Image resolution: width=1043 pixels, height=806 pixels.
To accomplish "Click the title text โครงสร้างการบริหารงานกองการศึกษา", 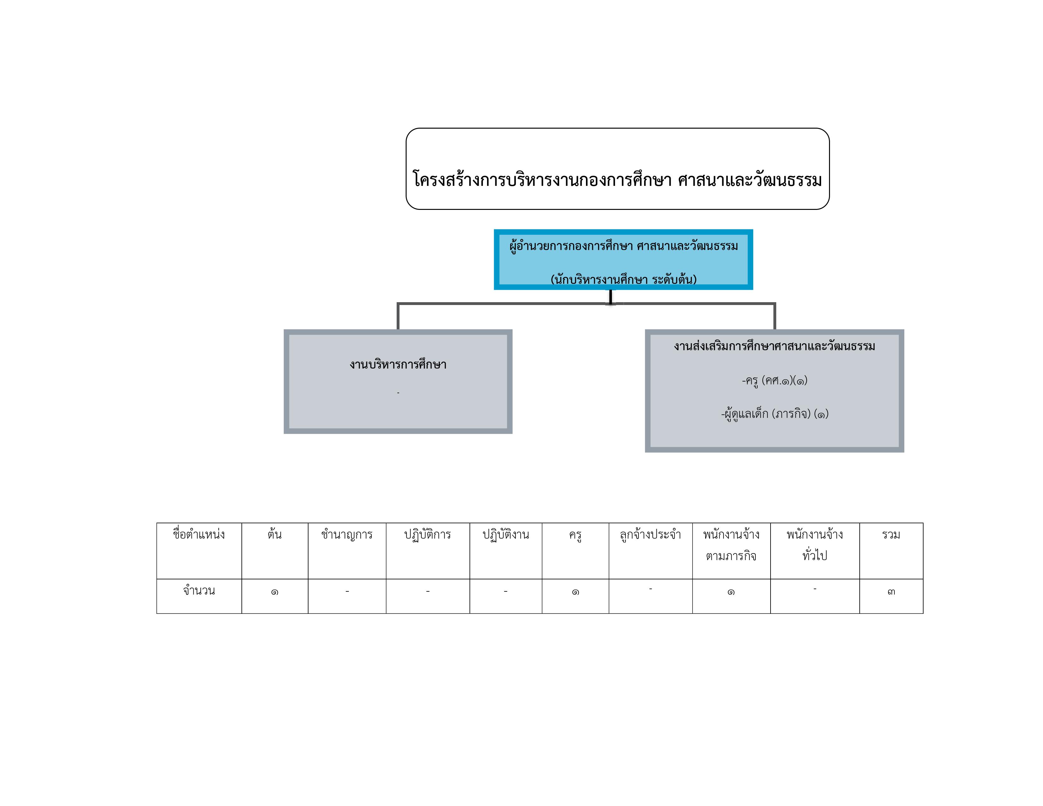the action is [x=542, y=180].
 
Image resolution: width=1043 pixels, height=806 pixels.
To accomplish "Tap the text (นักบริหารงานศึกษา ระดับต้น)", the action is [x=623, y=279].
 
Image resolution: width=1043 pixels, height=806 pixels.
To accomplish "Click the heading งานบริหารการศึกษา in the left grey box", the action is [x=398, y=364].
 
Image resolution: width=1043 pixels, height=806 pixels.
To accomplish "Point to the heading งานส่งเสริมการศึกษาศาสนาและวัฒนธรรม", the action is [x=774, y=346].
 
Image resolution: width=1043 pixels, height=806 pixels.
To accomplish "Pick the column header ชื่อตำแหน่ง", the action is [x=199, y=534].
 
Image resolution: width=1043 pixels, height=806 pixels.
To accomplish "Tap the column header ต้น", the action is [x=275, y=534].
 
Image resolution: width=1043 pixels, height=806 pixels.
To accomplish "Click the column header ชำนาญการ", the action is [x=347, y=534].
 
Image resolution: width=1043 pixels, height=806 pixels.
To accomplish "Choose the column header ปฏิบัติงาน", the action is [x=506, y=534].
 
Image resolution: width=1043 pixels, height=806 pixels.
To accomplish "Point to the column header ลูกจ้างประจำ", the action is [x=650, y=534].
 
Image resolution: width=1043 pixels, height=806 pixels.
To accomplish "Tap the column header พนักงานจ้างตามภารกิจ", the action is [x=731, y=545].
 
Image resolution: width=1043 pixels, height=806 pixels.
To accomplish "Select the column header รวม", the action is [x=891, y=534].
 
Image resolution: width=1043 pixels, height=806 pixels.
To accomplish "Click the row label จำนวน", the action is [x=199, y=591].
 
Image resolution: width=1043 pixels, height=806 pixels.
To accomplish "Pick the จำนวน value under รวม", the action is [x=891, y=592].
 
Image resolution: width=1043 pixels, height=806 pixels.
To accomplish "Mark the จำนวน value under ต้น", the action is [x=275, y=592].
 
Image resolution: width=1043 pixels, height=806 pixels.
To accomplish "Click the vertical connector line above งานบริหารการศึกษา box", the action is [x=398, y=316].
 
